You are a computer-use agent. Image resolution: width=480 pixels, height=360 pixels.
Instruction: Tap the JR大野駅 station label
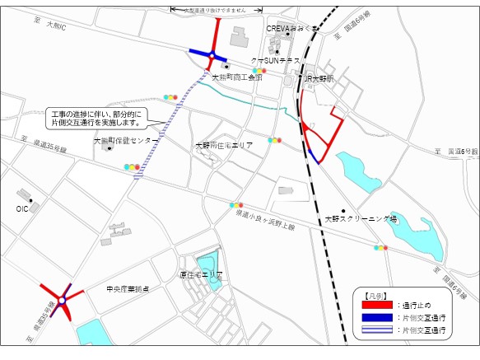[x=317, y=79]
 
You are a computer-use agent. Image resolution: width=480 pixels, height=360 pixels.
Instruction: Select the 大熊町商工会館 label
[x=236, y=77]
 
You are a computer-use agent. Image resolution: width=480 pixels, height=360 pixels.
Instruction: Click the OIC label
[x=22, y=209]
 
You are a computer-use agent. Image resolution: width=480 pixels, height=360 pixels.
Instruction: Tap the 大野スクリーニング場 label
[x=361, y=219]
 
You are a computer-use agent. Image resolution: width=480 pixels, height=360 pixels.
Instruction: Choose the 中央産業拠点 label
[x=128, y=289]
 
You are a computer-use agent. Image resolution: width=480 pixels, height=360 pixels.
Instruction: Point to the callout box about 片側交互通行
[x=97, y=116]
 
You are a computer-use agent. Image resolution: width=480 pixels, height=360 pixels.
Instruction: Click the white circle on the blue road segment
[x=212, y=56]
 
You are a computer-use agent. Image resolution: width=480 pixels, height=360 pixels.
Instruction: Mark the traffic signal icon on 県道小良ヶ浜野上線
[x=236, y=204]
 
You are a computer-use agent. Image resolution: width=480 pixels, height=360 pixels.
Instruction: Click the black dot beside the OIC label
[x=30, y=200]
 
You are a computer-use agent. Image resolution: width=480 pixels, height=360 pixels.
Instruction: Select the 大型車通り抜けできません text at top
[x=216, y=10]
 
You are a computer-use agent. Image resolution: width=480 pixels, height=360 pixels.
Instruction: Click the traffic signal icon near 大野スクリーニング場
[x=380, y=247]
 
